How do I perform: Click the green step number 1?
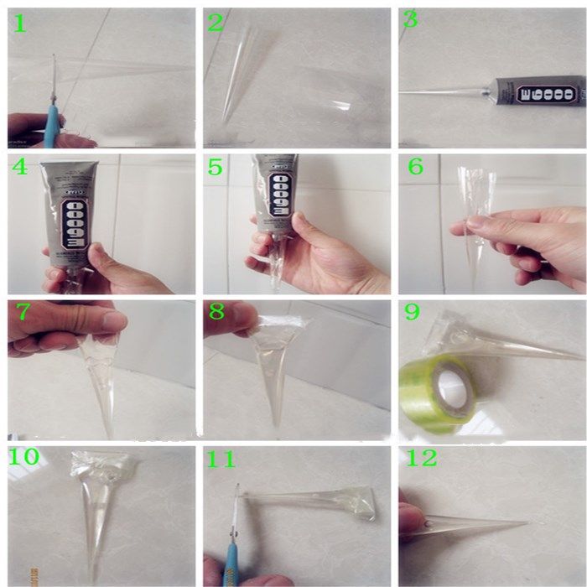[x=19, y=23]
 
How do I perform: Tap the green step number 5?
[x=216, y=168]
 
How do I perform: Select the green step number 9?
[x=412, y=312]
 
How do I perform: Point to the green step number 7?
[x=23, y=312]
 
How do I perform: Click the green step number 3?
[x=410, y=20]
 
